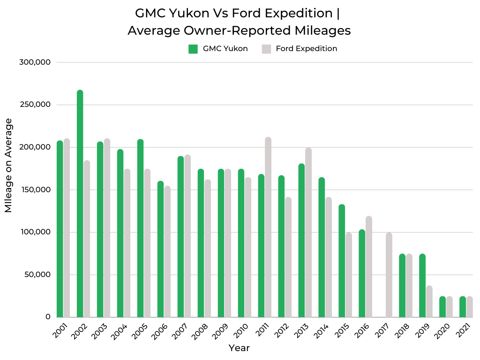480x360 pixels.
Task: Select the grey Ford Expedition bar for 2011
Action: (x=268, y=227)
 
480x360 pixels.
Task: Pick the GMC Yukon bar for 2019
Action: (x=422, y=285)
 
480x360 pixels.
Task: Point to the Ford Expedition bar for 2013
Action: (x=308, y=232)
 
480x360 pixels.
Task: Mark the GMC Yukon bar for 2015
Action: (x=342, y=261)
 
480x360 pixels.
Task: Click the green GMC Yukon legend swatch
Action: (x=193, y=49)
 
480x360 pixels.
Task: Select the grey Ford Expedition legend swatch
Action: (x=266, y=49)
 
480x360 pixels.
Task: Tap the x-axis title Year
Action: (x=239, y=348)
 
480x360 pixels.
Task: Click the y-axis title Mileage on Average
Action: (x=9, y=165)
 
